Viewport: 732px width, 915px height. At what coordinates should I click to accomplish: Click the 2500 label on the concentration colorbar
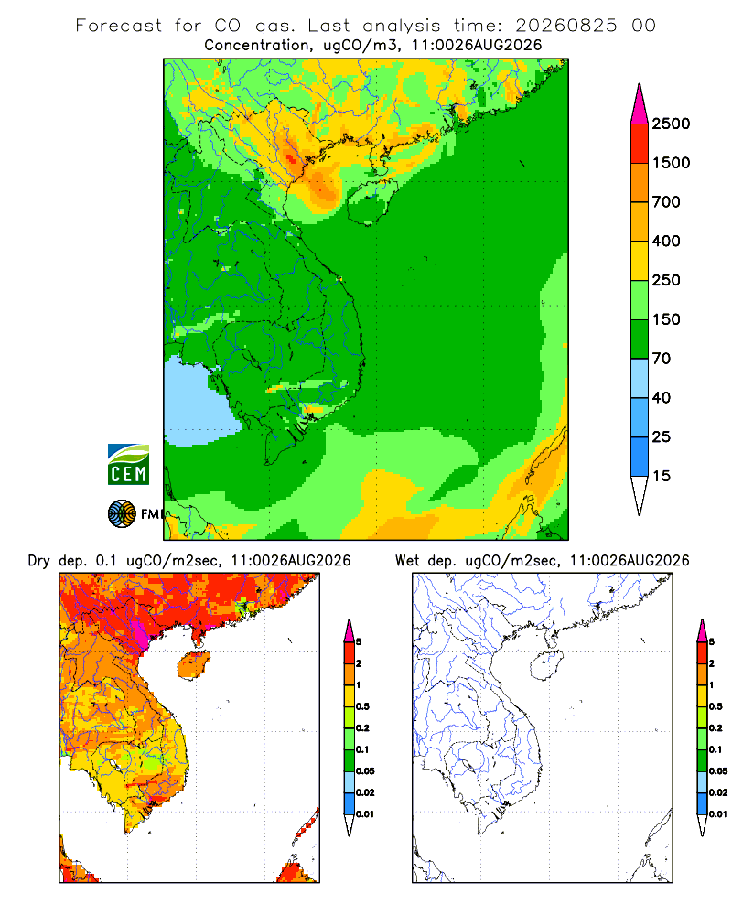point(671,124)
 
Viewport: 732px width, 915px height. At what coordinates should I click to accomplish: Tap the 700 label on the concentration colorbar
point(666,202)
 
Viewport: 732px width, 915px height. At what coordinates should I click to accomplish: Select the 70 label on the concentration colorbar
point(662,359)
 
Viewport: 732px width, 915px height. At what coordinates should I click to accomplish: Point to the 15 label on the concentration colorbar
point(662,476)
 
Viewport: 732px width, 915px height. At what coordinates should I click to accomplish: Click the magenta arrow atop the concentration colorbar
point(640,105)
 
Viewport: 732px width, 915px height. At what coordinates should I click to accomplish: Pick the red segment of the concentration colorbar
point(640,144)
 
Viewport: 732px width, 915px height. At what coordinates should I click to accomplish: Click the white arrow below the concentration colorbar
point(640,495)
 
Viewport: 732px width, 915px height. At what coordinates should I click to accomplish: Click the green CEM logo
point(128,465)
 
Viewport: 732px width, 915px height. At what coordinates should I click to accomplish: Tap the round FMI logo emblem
point(122,514)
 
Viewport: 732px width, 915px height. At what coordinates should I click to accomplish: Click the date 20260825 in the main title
point(565,26)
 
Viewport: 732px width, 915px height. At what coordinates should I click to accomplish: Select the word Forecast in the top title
point(119,26)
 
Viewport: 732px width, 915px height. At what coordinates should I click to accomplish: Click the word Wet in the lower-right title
point(407,561)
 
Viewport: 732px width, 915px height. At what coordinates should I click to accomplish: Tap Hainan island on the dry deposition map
point(194,666)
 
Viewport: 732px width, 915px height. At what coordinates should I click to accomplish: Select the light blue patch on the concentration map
point(199,403)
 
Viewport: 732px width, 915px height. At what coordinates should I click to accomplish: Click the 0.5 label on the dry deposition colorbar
point(362,706)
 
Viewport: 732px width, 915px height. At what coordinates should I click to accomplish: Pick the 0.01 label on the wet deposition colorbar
point(718,814)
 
